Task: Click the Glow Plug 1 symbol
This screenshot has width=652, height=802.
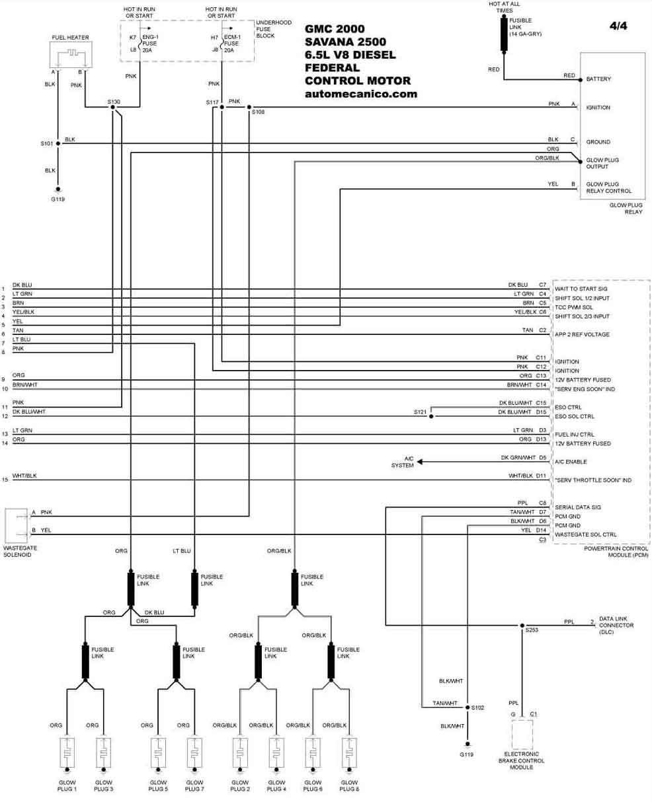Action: (67, 753)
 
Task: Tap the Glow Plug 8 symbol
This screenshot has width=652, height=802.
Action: (349, 753)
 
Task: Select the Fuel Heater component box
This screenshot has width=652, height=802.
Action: (71, 55)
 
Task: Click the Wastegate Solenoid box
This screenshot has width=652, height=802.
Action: (17, 526)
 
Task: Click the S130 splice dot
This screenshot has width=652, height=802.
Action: (112, 107)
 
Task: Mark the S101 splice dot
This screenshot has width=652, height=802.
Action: (58, 143)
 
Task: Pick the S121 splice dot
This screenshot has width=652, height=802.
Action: (431, 416)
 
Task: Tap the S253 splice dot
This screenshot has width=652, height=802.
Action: (522, 626)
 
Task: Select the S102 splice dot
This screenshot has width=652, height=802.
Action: (468, 707)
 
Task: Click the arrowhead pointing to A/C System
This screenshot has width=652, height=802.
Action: (420, 462)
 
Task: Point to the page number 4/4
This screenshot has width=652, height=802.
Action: (618, 26)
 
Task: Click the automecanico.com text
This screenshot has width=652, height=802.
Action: (361, 94)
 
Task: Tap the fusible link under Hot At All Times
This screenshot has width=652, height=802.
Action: (504, 34)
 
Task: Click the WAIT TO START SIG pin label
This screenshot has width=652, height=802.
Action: (581, 289)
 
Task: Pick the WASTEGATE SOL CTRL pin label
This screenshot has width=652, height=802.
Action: (586, 534)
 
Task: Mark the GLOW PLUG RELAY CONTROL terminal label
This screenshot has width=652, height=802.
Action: (608, 188)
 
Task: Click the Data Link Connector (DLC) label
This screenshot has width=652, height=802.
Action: (616, 625)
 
